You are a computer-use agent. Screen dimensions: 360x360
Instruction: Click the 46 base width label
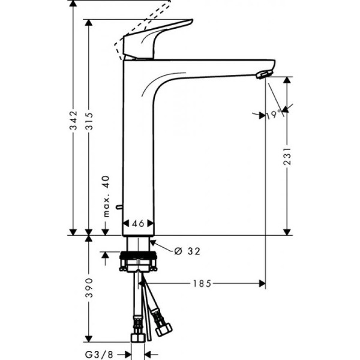(139, 223)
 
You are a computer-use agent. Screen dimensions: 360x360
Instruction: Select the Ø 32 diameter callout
(187, 251)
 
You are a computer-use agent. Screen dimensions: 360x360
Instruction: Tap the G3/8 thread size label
(109, 355)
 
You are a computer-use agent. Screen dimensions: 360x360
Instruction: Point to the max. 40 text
(107, 197)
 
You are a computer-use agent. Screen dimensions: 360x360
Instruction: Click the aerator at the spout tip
(263, 74)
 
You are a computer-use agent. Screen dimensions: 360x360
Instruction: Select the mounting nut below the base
(139, 262)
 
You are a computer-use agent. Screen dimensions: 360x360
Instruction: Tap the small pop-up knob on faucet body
(119, 207)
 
